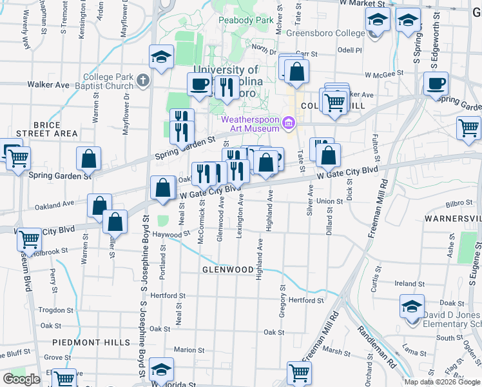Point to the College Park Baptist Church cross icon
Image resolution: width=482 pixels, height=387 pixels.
click(x=142, y=81)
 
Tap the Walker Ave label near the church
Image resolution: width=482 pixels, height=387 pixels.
click(x=48, y=84)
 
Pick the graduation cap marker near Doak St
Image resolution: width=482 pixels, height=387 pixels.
click(x=412, y=306)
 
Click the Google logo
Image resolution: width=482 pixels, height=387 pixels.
click(x=21, y=379)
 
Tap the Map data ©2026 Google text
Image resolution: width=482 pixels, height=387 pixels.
click(x=442, y=382)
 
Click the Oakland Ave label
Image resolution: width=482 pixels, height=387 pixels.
click(x=56, y=204)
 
